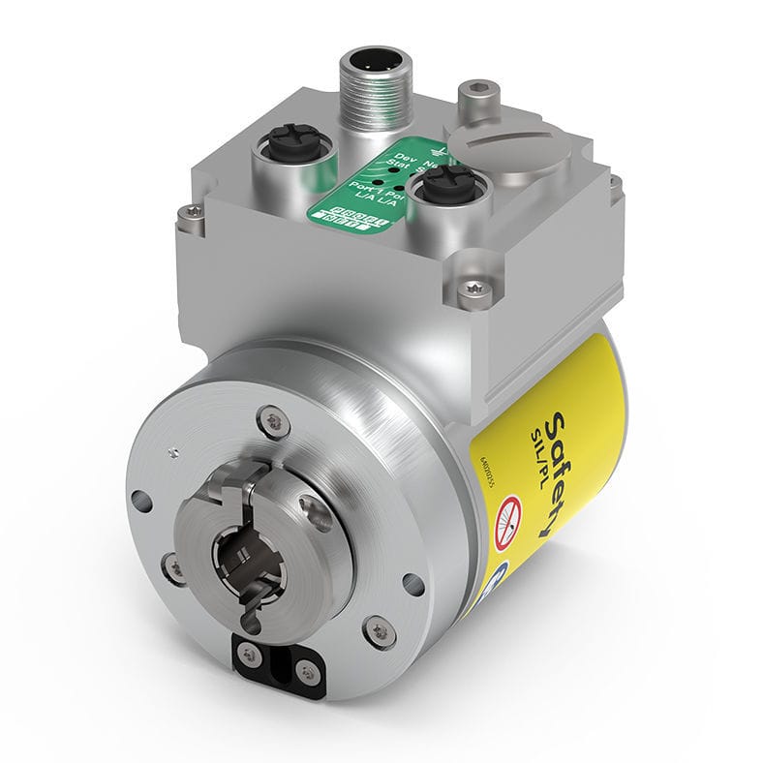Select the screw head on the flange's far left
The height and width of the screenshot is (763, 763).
pyautogui.click(x=173, y=566)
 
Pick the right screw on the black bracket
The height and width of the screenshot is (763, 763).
pyautogui.click(x=305, y=668)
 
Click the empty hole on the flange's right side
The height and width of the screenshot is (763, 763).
pyautogui.click(x=413, y=582)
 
